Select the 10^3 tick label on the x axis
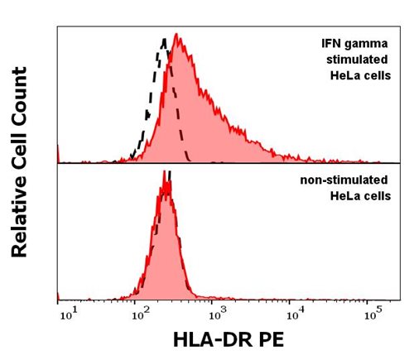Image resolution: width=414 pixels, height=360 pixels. tap(217, 313)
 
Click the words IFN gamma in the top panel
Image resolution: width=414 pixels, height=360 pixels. tap(354, 43)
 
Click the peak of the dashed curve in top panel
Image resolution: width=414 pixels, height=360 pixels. tap(166, 38)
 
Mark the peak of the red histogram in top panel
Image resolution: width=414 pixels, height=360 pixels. tap(177, 36)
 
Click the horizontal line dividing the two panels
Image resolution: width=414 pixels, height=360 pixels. tap(224, 163)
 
